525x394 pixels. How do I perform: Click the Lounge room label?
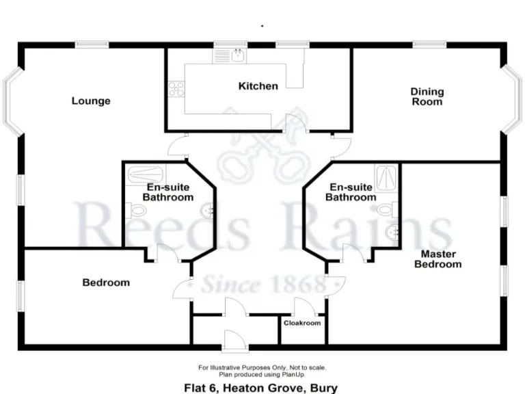[91, 101]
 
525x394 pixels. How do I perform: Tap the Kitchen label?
[258, 86]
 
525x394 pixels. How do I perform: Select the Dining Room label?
[427, 96]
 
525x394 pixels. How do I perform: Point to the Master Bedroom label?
[437, 259]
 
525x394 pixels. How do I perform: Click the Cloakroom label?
[302, 323]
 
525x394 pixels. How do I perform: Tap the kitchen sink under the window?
[239, 55]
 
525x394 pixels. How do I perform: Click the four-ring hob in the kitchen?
[176, 88]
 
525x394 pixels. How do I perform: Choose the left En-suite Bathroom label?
[167, 192]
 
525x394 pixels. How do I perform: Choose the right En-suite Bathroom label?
[350, 192]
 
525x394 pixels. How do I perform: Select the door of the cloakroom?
[303, 308]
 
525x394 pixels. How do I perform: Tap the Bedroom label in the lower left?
[106, 283]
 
